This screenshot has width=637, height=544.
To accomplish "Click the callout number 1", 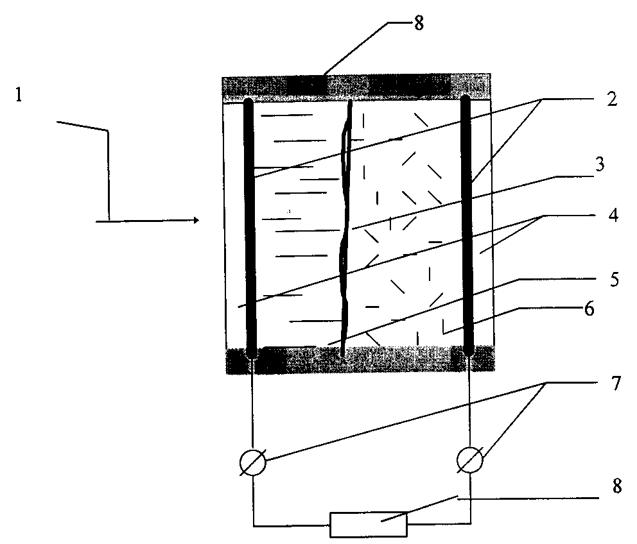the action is coord(19,96).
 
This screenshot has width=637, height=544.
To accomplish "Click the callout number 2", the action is coord(612,99).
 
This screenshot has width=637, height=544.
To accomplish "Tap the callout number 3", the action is coord(599,164).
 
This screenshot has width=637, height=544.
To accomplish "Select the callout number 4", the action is coord(613,215).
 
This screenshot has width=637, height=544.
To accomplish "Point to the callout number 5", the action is coord(615,280).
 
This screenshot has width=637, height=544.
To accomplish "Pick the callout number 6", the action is coord(589,309).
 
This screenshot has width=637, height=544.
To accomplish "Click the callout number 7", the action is coord(616,384).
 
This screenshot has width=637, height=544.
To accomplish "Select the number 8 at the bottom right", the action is coord(616,486).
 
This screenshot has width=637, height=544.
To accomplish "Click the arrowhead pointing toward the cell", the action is coord(196,221).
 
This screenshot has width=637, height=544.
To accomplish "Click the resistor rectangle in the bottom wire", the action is coord(369,525).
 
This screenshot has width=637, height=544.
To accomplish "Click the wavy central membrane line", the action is coord(345,227).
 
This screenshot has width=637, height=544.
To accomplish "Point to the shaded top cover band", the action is coord(356,87).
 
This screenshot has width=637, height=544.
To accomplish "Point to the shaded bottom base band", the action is coord(361,360).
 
